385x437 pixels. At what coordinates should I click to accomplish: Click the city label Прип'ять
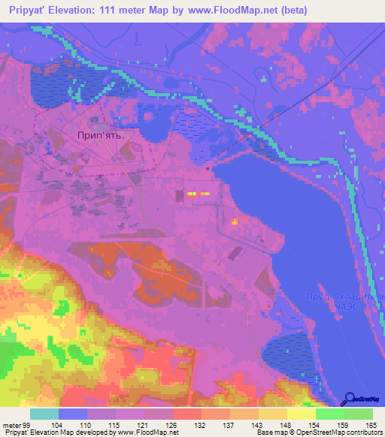(104, 136)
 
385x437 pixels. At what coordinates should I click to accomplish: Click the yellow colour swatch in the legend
(301, 414)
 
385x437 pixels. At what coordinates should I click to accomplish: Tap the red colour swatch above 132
(186, 414)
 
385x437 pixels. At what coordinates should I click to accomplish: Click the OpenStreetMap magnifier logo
(351, 398)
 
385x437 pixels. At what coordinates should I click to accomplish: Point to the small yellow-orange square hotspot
(235, 222)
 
